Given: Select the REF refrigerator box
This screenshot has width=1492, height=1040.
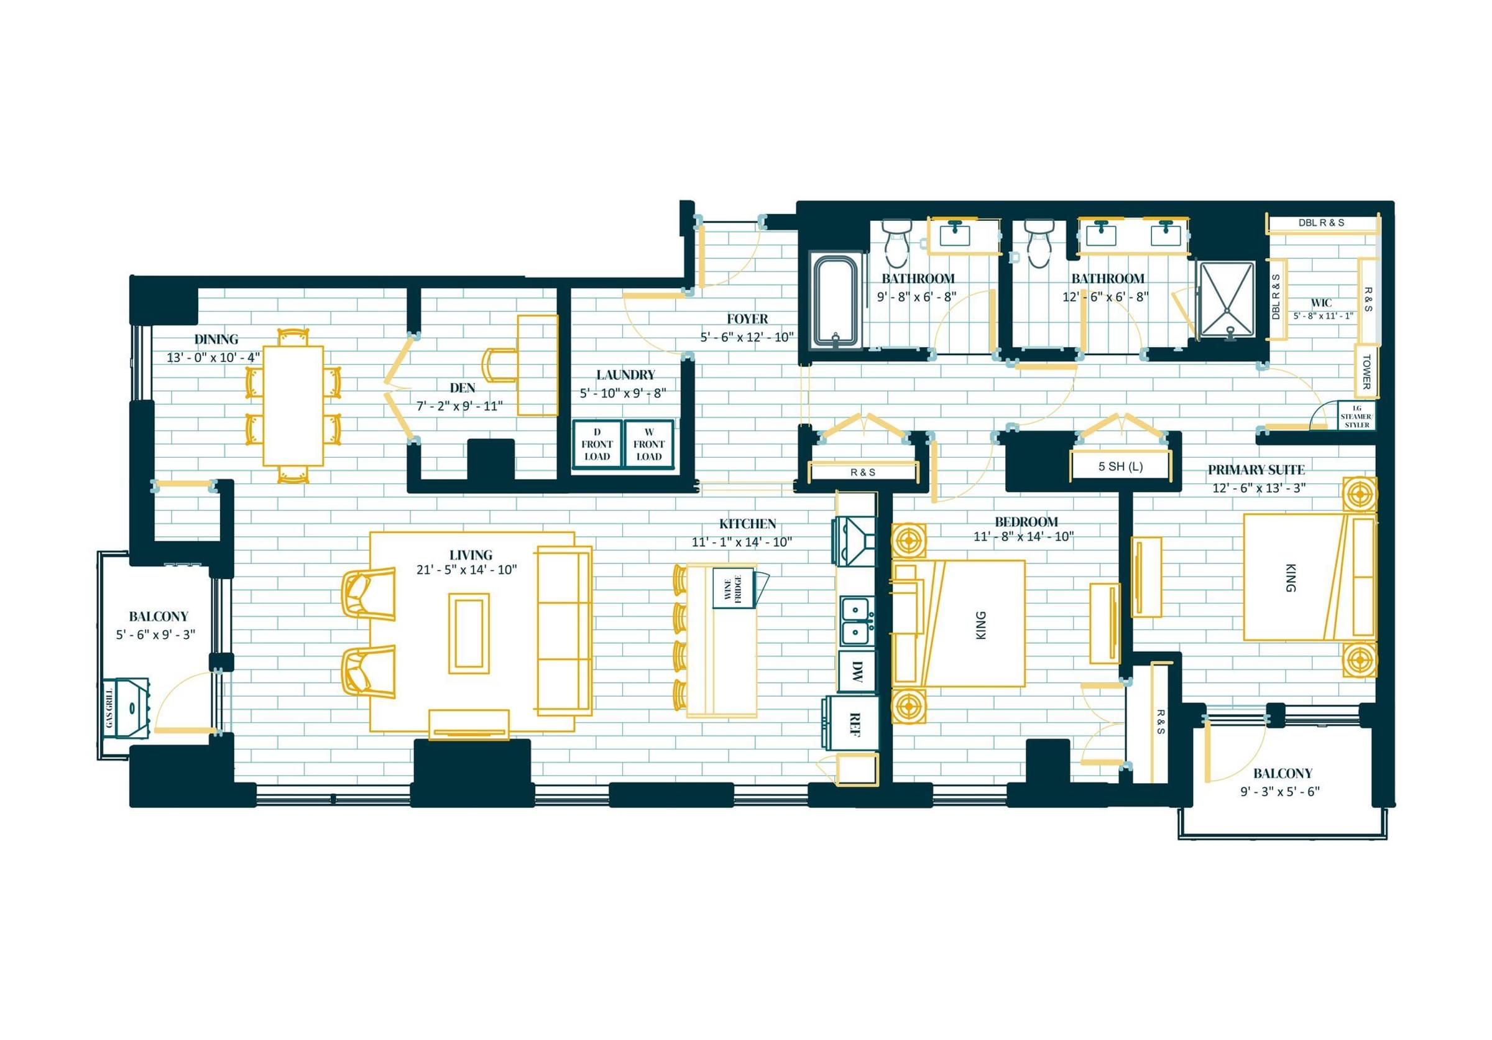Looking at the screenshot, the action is [853, 723].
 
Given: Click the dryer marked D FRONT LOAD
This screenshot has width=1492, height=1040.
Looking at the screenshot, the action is [597, 445].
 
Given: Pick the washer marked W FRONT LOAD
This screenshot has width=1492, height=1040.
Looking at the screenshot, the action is [648, 445].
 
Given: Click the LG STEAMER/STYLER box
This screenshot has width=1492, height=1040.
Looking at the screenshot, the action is [1356, 416].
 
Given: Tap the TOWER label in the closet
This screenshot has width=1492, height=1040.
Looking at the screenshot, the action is [1366, 371].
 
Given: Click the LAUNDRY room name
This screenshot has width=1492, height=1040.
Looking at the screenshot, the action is [626, 374].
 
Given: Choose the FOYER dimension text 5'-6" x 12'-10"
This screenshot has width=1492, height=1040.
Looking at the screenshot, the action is [747, 337].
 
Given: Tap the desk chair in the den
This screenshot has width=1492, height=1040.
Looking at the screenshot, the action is [500, 366].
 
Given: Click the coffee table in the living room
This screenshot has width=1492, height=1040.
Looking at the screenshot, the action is [469, 633].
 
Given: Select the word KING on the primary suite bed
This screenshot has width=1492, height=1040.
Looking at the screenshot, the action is [1290, 578].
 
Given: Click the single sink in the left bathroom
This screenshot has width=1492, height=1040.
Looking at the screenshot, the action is [955, 233].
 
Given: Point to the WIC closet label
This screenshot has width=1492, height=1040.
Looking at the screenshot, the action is [1321, 303].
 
